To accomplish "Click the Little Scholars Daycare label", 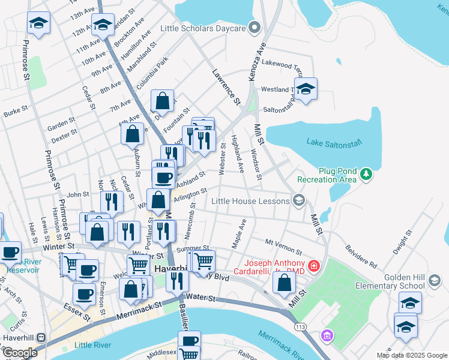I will click(x=204, y=28).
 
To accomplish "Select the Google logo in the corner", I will click(x=20, y=352).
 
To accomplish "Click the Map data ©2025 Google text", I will click(x=412, y=355).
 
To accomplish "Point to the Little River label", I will click(x=92, y=345).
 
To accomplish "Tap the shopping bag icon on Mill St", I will click(x=284, y=282).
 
